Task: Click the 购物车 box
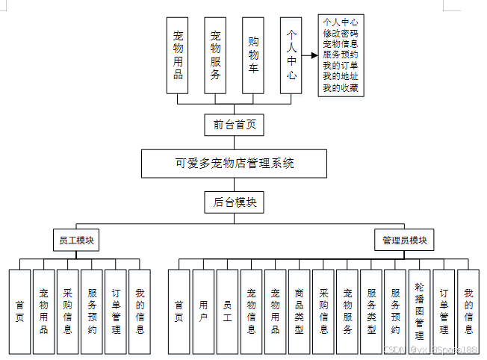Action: [254, 55]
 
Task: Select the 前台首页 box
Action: [234, 125]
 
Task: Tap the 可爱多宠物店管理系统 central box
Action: [235, 163]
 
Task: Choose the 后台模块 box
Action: [234, 202]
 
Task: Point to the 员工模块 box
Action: [77, 240]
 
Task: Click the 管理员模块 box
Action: [404, 240]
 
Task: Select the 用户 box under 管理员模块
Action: [203, 311]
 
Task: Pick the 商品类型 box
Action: [299, 311]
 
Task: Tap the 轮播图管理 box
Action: [419, 311]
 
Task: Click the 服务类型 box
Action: [371, 311]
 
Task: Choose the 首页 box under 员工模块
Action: [20, 311]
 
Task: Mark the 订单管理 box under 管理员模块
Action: [444, 311]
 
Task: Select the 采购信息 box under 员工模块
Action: [68, 311]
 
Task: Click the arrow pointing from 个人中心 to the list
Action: [308, 55]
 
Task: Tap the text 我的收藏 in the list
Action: [340, 88]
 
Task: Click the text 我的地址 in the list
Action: [340, 77]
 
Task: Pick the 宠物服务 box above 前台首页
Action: [215, 55]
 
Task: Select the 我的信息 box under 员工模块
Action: [140, 311]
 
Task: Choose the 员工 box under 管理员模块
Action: [227, 311]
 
